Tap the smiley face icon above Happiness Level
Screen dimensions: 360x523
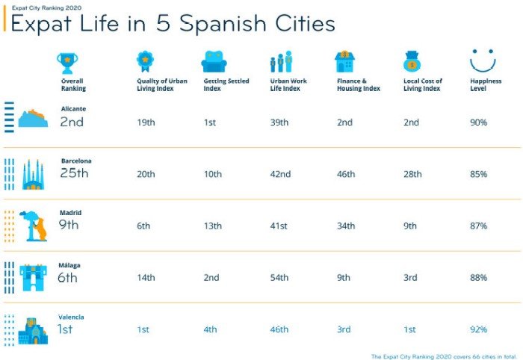pyautogui.click(x=483, y=60)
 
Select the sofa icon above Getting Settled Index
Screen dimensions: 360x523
pyautogui.click(x=214, y=61)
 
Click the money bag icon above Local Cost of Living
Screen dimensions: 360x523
pyautogui.click(x=413, y=61)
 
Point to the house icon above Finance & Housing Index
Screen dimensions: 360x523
pyautogui.click(x=345, y=61)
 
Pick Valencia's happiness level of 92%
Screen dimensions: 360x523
pyautogui.click(x=478, y=329)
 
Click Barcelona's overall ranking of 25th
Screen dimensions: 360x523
pyautogui.click(x=74, y=174)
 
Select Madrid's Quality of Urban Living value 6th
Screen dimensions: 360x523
pyautogui.click(x=143, y=226)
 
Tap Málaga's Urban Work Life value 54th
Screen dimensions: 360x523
pyautogui.click(x=279, y=278)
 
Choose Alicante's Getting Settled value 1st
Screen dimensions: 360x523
pyautogui.click(x=211, y=122)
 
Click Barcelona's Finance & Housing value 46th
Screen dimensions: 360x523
pyautogui.click(x=346, y=174)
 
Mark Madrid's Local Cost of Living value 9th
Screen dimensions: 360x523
pyautogui.click(x=411, y=226)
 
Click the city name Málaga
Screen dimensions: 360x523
pyautogui.click(x=71, y=265)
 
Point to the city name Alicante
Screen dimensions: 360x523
pyautogui.click(x=72, y=108)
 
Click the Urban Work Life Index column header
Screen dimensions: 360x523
pyautogui.click(x=288, y=84)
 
